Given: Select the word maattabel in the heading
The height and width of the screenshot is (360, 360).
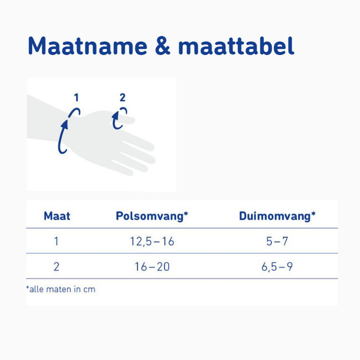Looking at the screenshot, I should [236, 47].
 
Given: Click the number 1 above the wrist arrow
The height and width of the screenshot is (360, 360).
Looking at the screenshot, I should [76, 98].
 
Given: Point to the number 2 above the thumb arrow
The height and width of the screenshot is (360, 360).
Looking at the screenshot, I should [122, 98].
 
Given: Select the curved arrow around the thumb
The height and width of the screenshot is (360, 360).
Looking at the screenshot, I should [117, 120].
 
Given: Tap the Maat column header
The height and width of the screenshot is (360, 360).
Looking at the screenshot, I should [57, 216].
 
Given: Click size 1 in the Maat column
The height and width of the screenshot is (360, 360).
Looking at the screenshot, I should [56, 241].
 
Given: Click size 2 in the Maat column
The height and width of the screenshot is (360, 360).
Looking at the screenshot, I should [56, 267].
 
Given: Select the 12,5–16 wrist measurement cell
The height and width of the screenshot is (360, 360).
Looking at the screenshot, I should [151, 241].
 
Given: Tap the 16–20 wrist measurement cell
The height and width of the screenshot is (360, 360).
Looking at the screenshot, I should [151, 267].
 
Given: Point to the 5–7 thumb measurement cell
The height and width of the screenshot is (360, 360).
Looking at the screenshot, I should [277, 241].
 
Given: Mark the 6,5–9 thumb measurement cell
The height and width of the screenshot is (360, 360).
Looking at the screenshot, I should [277, 267].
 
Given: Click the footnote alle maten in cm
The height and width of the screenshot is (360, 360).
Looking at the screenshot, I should [61, 289].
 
